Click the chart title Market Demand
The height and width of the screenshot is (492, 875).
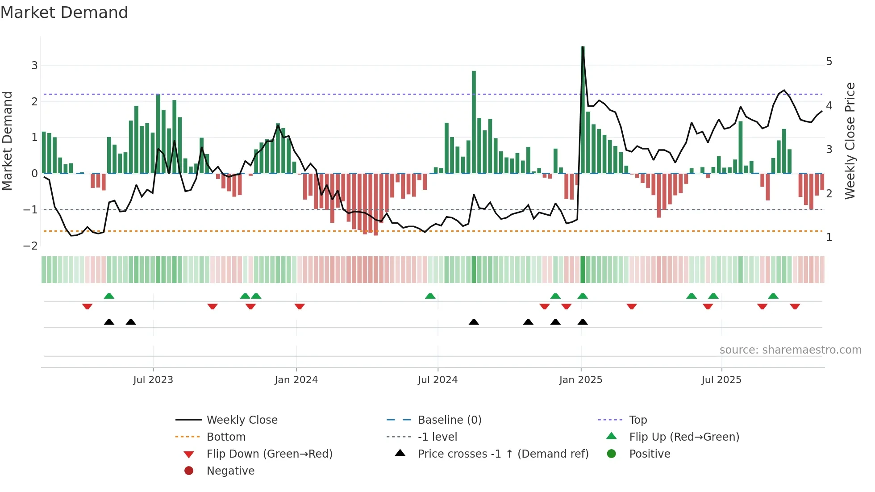click(x=64, y=13)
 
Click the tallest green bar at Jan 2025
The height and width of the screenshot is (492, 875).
click(x=583, y=112)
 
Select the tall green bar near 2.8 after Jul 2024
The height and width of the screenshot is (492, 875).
click(x=474, y=123)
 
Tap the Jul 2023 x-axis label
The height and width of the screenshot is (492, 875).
click(x=153, y=380)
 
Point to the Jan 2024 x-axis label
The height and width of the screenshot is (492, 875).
click(x=296, y=380)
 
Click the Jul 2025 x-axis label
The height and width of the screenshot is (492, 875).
click(x=721, y=380)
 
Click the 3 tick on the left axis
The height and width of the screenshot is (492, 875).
click(x=34, y=66)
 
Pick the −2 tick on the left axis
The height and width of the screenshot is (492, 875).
click(x=30, y=246)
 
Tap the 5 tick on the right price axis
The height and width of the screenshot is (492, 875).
click(x=829, y=62)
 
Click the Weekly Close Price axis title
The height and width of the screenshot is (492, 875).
click(x=850, y=141)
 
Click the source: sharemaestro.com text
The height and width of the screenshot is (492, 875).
click(x=790, y=350)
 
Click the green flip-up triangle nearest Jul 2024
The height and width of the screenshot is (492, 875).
click(x=430, y=296)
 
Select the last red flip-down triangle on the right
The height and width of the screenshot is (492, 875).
click(x=795, y=306)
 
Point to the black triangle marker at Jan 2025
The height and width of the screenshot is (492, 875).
click(x=583, y=322)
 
